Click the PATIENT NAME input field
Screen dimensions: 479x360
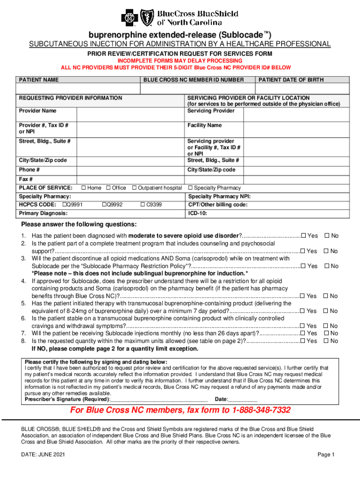[x=78, y=89]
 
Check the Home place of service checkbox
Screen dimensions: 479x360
[x=83, y=188]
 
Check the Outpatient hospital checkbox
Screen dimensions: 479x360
[x=134, y=188]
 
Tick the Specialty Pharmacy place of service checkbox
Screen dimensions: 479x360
[x=190, y=188]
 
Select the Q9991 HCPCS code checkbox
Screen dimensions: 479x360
[x=65, y=205]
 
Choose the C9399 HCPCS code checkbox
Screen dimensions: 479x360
[x=143, y=205]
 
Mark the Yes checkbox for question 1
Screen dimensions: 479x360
[x=303, y=236]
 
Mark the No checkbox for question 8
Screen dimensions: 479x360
[x=327, y=341]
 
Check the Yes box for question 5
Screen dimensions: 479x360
[x=303, y=311]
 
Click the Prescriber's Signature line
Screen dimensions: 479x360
[x=159, y=399]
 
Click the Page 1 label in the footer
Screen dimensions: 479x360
[x=326, y=455]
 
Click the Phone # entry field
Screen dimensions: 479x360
[x=131, y=170]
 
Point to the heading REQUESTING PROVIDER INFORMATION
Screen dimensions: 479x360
[x=70, y=98]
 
